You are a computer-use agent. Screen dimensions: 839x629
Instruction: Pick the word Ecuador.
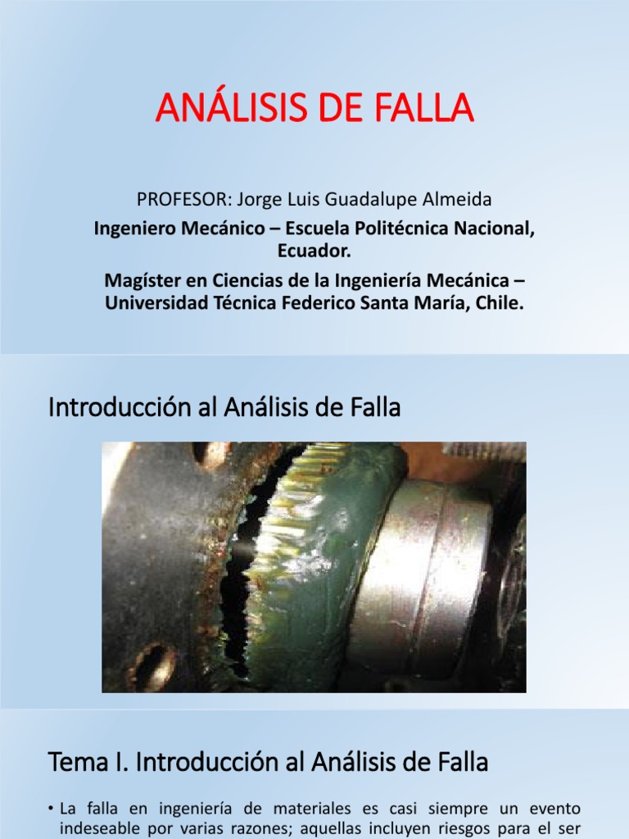coord(314,249)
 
